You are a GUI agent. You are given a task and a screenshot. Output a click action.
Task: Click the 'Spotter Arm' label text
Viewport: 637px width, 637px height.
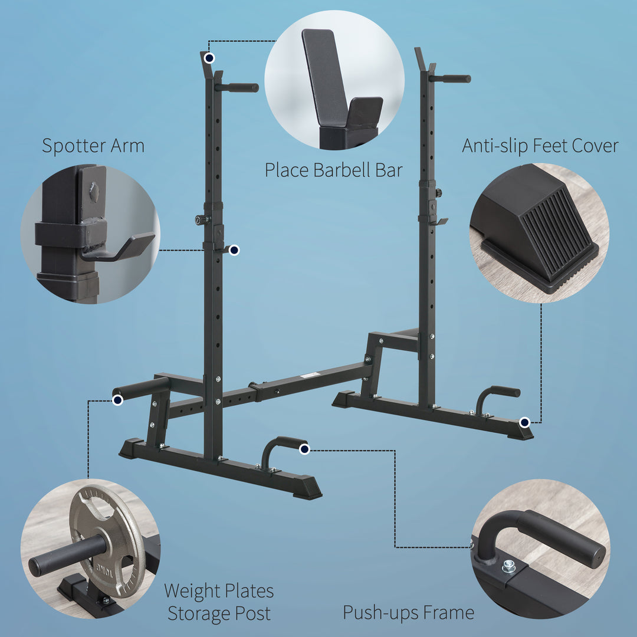93,146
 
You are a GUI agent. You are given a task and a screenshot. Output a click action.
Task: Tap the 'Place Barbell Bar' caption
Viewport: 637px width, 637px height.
333,170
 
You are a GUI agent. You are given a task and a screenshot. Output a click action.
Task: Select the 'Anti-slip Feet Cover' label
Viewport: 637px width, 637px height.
540,146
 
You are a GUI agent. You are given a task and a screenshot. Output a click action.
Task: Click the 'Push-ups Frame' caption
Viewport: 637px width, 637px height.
408,613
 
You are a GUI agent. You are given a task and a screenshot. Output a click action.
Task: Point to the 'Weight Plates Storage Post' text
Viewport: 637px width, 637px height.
219,602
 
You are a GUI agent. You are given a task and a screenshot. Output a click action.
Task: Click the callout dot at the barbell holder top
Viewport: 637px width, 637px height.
209,58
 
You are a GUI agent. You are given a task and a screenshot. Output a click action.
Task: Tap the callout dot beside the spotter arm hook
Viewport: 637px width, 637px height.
234,250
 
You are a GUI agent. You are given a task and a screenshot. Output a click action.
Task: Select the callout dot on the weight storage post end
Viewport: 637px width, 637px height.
117,400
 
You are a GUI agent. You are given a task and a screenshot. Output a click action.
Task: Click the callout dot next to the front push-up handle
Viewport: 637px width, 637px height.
304,449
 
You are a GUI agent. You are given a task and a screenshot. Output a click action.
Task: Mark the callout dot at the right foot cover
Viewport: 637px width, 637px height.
524,421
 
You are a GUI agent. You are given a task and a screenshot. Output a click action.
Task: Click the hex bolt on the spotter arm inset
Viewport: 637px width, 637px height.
94,192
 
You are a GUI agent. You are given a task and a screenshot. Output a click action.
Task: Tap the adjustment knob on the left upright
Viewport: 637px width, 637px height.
199,219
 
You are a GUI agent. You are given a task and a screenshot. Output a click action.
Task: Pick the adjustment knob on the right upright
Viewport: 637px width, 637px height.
438,193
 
